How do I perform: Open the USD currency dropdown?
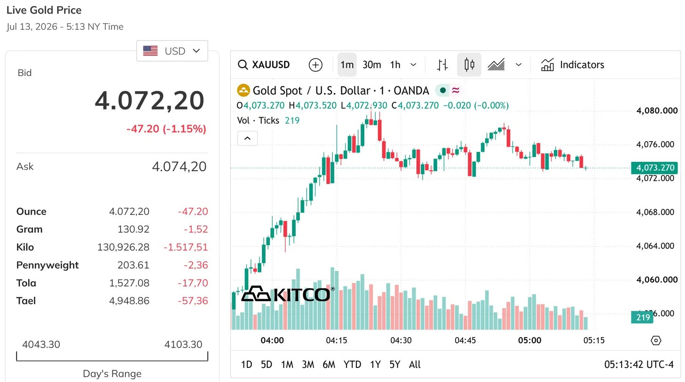[x=172, y=51]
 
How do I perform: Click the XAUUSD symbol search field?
[x=264, y=65]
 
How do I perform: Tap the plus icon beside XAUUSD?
[x=315, y=65]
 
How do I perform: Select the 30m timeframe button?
[x=371, y=65]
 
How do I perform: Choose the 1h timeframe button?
[x=395, y=65]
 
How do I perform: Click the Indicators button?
[x=573, y=65]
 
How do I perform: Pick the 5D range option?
[x=267, y=365]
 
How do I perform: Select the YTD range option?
[x=352, y=365]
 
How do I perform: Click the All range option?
[x=415, y=365]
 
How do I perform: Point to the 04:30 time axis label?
[x=401, y=341]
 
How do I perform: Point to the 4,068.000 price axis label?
[x=655, y=212]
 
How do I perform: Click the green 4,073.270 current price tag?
[x=654, y=168]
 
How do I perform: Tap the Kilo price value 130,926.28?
[x=123, y=247]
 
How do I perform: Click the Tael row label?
[x=26, y=301]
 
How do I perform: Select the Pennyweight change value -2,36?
[x=196, y=265]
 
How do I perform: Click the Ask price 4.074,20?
[x=179, y=167]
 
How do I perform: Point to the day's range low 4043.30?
[x=41, y=344]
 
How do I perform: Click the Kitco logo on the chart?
[x=287, y=294]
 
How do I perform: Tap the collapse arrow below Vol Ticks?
[x=247, y=138]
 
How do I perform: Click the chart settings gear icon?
[x=656, y=341]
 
